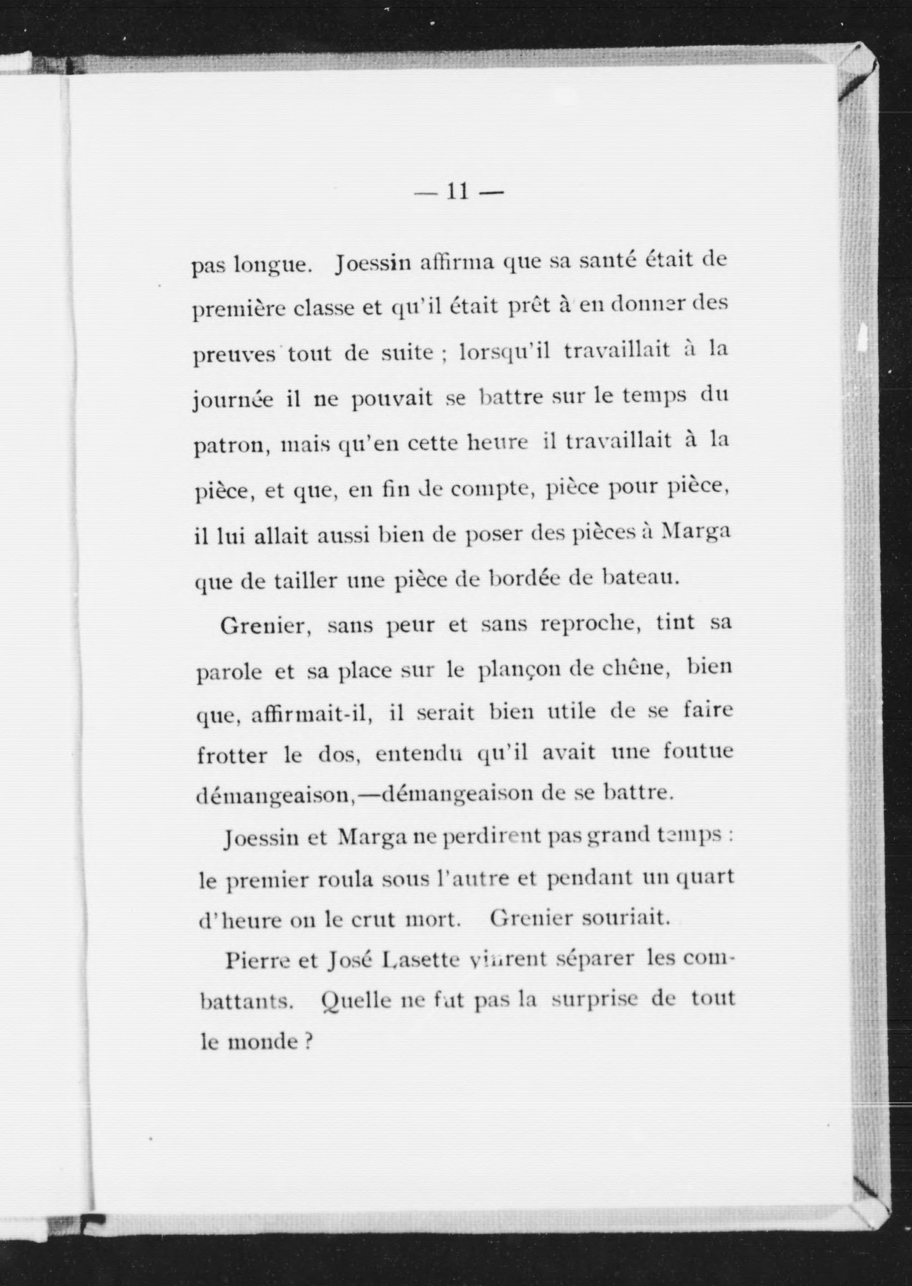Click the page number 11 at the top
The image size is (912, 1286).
tap(457, 192)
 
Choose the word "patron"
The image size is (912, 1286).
tap(227, 446)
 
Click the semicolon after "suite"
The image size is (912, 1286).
tap(443, 356)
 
